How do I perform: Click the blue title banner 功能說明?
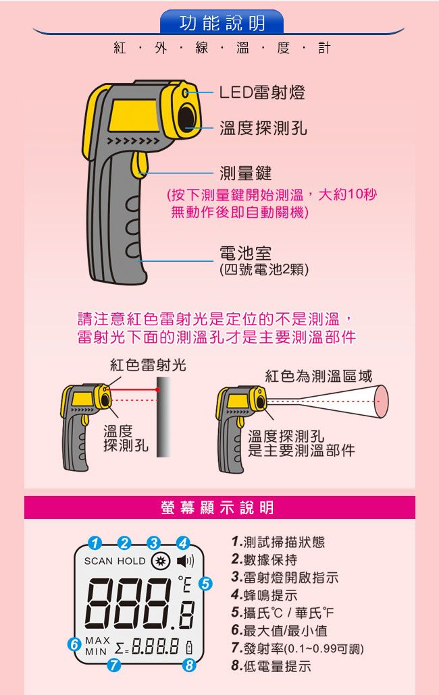coord(222,23)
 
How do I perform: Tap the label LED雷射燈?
coord(262,92)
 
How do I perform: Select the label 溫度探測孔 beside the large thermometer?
coord(263,128)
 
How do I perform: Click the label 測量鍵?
coord(245,173)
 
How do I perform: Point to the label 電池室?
coord(245,253)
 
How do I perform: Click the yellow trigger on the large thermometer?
coord(139,165)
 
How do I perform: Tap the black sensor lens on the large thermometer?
coord(187,117)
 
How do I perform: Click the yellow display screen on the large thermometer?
coord(132,115)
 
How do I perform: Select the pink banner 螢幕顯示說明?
coord(219,507)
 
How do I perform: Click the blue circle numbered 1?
coord(95,543)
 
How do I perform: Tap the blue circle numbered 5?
coord(205,584)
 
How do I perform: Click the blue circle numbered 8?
coord(189,665)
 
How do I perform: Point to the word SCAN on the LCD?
coord(99,561)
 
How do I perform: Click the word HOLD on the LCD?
coord(131,561)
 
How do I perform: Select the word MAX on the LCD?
coord(97,640)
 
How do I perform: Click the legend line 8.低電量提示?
coord(271,666)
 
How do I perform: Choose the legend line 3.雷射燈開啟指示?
coord(285,577)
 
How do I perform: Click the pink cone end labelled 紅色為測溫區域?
coord(381,401)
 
